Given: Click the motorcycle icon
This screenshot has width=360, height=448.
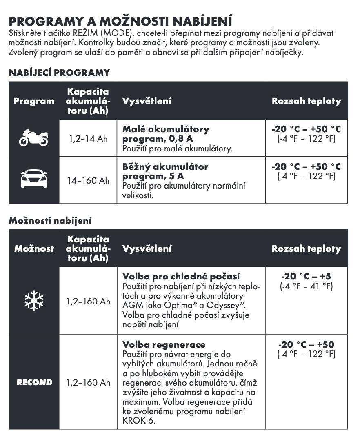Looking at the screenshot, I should (x=33, y=138).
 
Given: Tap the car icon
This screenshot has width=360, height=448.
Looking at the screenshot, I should (x=34, y=179).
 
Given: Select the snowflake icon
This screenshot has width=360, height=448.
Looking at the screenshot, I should (x=34, y=301).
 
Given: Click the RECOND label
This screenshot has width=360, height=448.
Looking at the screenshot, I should (x=34, y=382).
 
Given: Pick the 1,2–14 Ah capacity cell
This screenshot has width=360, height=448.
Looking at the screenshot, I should (x=88, y=139).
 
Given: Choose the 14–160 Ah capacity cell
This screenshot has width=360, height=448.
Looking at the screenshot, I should (x=88, y=180).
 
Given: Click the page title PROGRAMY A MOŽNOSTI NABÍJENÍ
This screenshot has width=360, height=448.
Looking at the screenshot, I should (x=120, y=21).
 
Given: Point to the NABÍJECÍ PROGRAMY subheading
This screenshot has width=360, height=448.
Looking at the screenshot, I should (x=59, y=73).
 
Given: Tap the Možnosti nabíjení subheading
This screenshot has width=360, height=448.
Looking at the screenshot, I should (x=50, y=221).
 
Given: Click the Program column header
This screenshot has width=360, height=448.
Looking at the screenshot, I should (x=34, y=101).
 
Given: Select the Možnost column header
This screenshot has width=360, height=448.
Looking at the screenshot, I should (x=34, y=248).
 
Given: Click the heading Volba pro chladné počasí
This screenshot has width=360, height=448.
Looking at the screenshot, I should (x=181, y=276).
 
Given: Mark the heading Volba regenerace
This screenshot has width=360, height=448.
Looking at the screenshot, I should (x=164, y=344).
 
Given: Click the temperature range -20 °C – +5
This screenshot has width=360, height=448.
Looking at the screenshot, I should (x=306, y=276).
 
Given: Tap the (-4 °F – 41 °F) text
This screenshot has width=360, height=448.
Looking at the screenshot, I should (x=306, y=286).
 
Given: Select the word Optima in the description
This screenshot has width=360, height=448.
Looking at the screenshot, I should (x=179, y=305).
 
